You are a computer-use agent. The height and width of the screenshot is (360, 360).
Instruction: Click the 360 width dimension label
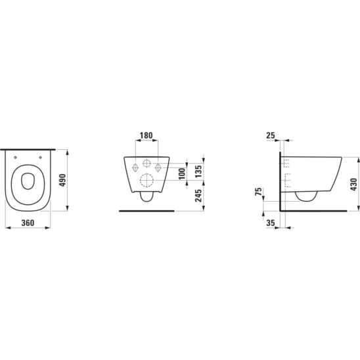coord(28,223)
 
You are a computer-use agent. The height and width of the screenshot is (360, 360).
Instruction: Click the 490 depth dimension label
coord(62,180)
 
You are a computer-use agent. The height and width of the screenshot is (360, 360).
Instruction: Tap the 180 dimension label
coord(146,135)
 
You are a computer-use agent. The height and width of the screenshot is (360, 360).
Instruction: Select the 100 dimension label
coord(182,174)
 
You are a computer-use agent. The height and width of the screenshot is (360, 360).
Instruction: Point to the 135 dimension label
coord(198,171)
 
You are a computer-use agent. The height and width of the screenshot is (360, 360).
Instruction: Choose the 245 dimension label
coord(198,196)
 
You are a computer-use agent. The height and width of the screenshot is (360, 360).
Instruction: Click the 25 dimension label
coord(271,135)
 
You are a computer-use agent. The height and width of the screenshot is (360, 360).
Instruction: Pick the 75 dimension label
coord(259,191)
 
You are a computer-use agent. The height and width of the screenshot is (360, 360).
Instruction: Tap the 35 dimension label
coord(271,223)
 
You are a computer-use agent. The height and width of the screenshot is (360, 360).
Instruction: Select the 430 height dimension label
coord(354,184)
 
